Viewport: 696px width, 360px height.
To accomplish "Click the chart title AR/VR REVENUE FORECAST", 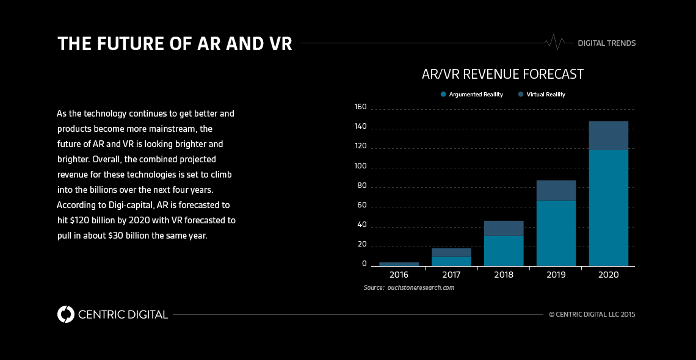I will [x=502, y=74].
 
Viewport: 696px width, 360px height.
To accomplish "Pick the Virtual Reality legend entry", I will [x=542, y=95].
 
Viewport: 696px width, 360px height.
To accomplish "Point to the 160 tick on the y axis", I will [x=360, y=107].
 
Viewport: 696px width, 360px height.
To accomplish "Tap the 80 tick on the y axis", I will [x=361, y=186].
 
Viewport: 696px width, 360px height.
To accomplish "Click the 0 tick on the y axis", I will [x=364, y=264].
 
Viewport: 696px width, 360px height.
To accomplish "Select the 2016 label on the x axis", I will [x=399, y=275].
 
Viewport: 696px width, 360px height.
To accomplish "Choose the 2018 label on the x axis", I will [x=504, y=275].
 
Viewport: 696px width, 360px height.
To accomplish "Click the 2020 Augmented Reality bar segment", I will [x=608, y=207].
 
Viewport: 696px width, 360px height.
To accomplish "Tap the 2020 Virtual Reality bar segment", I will [x=608, y=135].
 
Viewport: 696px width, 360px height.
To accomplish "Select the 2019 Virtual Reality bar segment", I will [x=556, y=190].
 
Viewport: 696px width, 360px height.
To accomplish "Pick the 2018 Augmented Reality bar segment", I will [x=504, y=251].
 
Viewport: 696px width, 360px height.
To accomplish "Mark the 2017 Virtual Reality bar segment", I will [x=451, y=252].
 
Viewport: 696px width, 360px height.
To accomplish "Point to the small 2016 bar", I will [x=399, y=264].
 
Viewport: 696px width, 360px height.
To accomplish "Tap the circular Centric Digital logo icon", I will [x=66, y=314].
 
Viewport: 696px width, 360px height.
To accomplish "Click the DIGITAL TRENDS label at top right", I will [x=607, y=43].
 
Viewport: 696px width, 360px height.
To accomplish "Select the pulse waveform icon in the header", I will [x=555, y=42].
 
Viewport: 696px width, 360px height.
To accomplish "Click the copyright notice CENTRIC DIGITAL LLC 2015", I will [x=592, y=315].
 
